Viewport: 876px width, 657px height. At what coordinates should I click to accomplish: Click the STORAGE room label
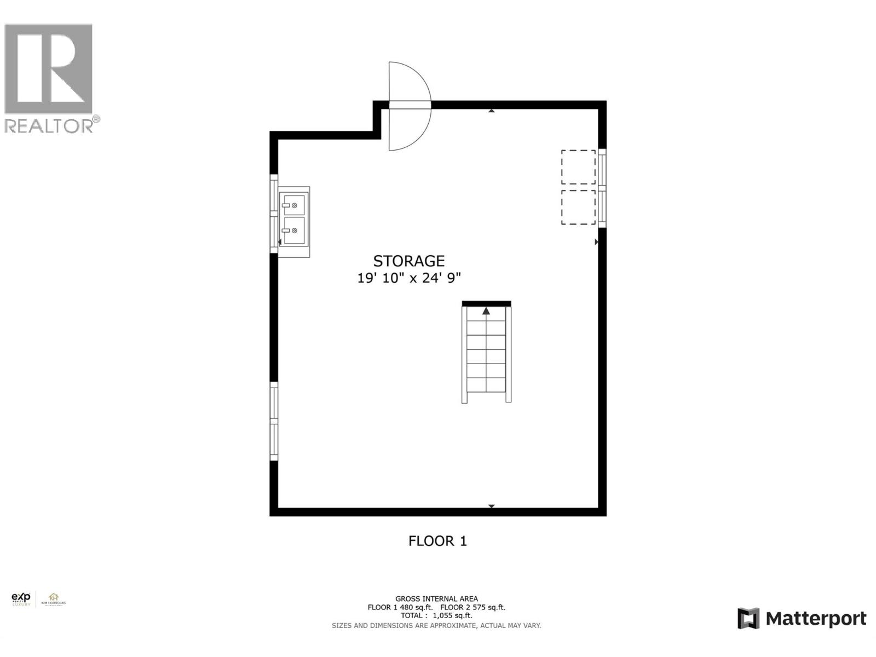click(408, 261)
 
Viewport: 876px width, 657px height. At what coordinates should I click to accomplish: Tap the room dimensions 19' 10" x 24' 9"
click(408, 278)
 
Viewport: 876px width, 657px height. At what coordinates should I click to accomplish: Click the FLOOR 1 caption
click(437, 541)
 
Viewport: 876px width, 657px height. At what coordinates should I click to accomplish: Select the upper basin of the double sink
click(294, 204)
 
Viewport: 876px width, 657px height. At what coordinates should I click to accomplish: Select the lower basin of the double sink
click(294, 230)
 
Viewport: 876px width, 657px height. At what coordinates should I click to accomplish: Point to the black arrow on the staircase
click(486, 311)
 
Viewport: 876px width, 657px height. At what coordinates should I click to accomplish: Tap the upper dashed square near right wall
click(578, 167)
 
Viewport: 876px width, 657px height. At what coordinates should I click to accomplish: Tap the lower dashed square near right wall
click(578, 207)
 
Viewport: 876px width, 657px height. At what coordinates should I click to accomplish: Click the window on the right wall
click(602, 188)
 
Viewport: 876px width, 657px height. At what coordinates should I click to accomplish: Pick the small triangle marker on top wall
click(492, 111)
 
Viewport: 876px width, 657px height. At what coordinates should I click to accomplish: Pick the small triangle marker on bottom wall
click(492, 506)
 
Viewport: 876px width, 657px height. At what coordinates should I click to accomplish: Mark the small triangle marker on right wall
click(596, 241)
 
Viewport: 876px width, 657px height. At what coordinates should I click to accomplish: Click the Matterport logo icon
click(748, 619)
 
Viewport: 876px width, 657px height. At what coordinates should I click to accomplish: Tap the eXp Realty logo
click(21, 599)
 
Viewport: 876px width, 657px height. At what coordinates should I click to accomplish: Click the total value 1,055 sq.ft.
click(452, 615)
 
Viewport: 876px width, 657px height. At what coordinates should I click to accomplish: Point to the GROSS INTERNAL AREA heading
click(436, 599)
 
